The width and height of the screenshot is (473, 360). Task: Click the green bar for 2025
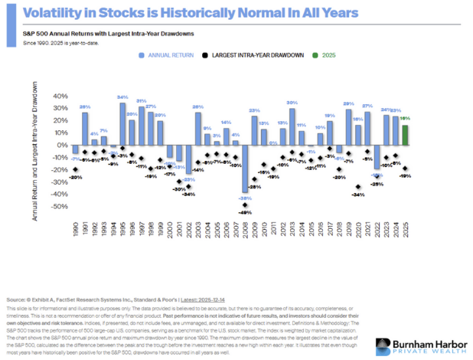click(405, 135)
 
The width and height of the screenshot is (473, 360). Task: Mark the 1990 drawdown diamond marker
click(75, 169)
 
